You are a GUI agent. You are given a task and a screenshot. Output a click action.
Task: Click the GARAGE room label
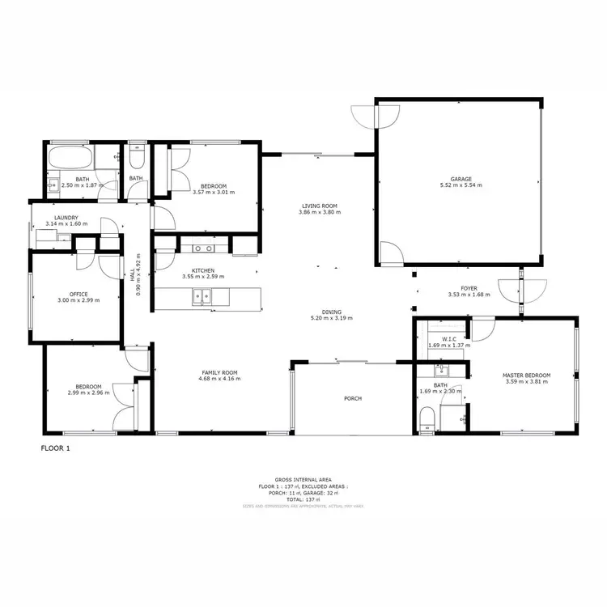461,179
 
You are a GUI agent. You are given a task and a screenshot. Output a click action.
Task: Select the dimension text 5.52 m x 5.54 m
461,185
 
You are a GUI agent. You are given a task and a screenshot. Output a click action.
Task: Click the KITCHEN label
203,270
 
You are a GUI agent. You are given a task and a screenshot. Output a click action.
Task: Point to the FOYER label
469,288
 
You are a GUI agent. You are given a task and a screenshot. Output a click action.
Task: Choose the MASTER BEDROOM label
526,376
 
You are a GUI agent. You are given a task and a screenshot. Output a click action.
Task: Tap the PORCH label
352,398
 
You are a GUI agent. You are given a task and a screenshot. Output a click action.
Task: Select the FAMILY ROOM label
219,372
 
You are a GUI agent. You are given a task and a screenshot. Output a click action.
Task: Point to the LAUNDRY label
66,218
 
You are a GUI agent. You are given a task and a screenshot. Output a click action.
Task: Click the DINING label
331,312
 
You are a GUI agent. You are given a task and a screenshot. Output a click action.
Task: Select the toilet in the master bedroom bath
428,418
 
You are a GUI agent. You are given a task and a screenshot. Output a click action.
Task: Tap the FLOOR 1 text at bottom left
56,447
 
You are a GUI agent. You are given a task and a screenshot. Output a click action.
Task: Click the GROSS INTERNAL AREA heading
303,480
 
